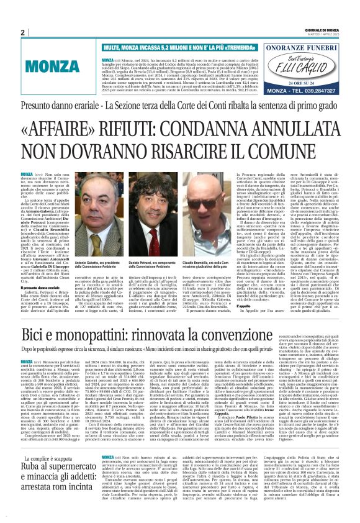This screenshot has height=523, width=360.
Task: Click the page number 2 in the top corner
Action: pyautogui.click(x=22, y=33)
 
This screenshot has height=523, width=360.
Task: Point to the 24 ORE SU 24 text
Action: pyautogui.click(x=304, y=80)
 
